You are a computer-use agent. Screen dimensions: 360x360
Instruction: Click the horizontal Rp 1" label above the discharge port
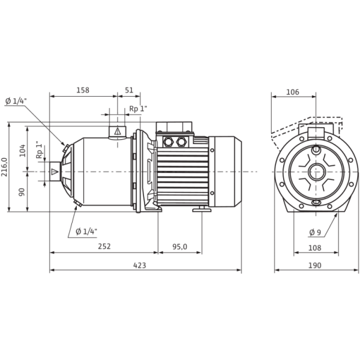pos(139,109)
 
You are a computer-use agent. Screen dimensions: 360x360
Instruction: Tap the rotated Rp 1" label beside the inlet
pos(39,150)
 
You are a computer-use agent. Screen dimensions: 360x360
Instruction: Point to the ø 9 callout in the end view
pos(313,230)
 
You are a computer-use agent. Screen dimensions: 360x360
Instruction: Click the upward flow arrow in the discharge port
pos(118,130)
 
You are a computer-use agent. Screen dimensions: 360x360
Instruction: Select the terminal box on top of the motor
pos(174,139)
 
